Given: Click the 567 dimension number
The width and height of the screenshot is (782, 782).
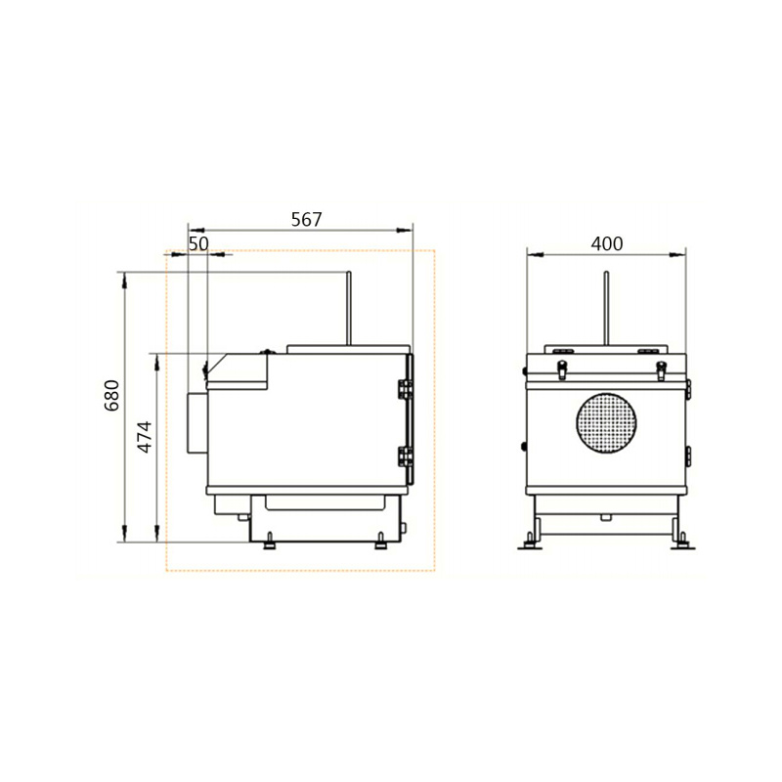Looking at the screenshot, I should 306,219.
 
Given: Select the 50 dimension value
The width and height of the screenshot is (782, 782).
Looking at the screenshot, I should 198,243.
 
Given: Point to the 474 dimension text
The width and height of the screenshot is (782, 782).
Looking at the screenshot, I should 144,436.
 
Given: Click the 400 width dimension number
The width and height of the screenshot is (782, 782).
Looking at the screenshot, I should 606,242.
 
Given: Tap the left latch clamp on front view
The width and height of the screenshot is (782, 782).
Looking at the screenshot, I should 562,369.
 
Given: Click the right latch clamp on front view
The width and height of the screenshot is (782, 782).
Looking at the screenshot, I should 661,369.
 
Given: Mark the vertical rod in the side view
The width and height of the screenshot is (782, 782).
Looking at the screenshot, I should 349,308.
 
